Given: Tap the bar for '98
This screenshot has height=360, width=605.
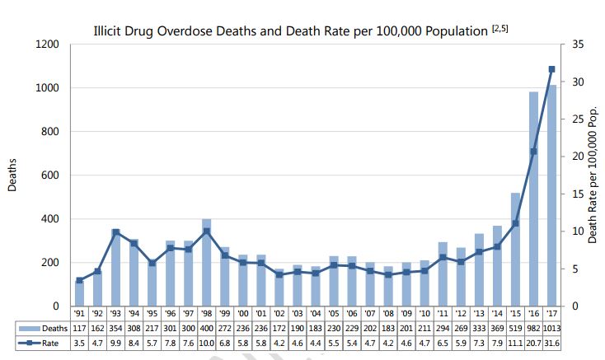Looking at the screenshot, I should tap(207, 263).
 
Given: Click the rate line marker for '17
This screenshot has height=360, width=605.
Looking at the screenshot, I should tap(551, 69).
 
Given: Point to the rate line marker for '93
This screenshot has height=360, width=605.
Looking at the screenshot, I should tap(116, 232).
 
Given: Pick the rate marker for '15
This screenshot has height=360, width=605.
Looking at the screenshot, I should tap(515, 223).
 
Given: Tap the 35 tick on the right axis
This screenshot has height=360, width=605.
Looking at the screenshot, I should tap(578, 44).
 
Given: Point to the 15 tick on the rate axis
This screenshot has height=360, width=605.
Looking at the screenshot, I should tap(578, 194).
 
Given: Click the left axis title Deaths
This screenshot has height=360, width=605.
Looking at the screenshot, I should tap(12, 175).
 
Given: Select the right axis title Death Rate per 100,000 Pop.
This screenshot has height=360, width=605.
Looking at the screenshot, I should tap(593, 175).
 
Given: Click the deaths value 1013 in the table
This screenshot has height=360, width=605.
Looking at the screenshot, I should tap(551, 327).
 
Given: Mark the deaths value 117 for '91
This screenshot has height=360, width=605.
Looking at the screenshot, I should tap(80, 327).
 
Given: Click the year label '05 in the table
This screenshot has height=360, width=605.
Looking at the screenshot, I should tap(334, 314).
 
